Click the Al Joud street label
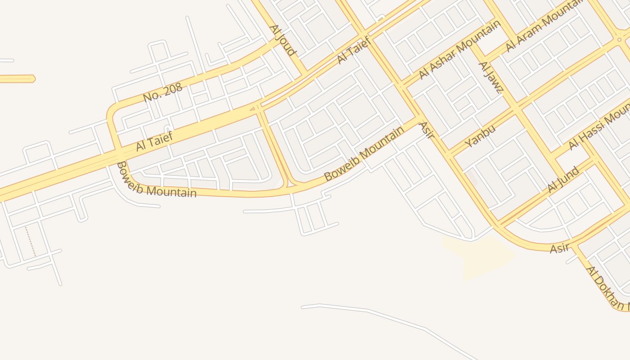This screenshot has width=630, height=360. point(283,40)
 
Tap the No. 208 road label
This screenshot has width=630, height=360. point(163,93)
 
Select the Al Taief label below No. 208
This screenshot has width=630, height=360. point(154,141)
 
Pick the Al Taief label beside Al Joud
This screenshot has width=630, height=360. point(353,50)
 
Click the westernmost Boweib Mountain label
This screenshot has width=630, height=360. point(156,181)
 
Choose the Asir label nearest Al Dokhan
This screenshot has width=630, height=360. point(559,248)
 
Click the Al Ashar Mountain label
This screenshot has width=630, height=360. point(459,49)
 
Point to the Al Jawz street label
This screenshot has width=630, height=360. point(490,77)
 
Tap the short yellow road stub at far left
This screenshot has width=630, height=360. point(17,79)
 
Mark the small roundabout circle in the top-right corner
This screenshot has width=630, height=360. point(620,40)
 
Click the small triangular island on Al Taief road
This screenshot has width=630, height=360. point(253,108)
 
